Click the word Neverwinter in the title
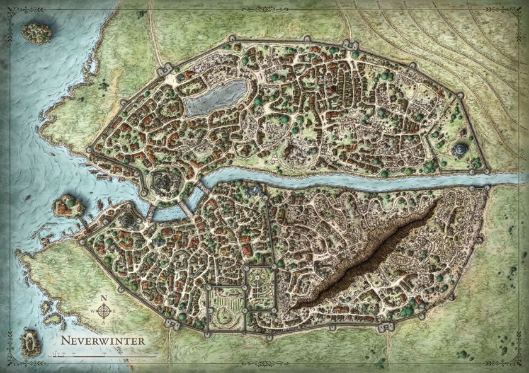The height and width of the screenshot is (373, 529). (103, 340)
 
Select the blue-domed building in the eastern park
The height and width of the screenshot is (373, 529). (461, 150)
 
